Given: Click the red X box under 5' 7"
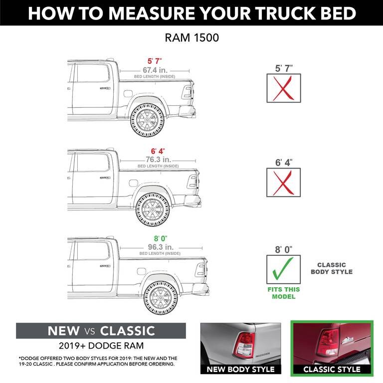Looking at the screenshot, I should (283, 89).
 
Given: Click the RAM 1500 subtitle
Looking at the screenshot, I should (191, 37).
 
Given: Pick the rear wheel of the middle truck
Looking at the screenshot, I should (152, 210).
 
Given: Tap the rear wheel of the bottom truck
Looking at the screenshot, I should (160, 298).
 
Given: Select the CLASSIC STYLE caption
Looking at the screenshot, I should (332, 370).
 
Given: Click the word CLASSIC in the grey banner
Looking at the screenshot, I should (127, 331).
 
